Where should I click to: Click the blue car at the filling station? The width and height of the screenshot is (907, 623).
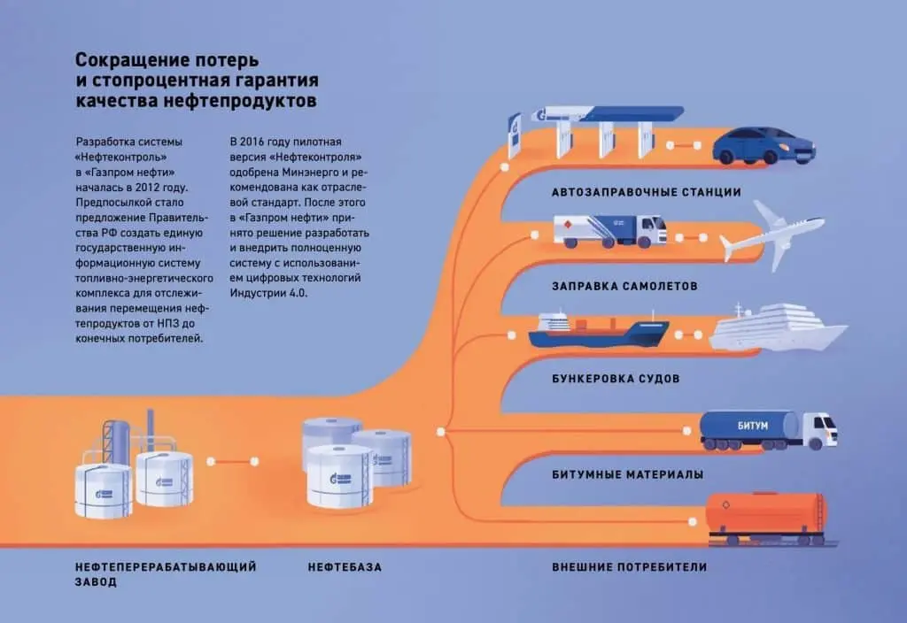pyautogui.click(x=764, y=146)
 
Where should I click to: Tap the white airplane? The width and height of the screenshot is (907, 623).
pyautogui.click(x=772, y=235)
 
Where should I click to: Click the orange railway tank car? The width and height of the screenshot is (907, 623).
pyautogui.click(x=766, y=517)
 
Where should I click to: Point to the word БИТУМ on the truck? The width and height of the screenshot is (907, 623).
pyautogui.click(x=753, y=426)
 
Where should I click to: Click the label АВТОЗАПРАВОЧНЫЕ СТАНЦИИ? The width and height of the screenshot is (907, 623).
pyautogui.click(x=646, y=192)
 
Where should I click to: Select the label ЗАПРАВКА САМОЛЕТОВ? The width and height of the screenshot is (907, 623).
pyautogui.click(x=624, y=286)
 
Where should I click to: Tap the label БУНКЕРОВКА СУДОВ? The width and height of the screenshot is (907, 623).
pyautogui.click(x=616, y=379)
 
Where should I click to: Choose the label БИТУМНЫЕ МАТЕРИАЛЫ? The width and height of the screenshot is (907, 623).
pyautogui.click(x=628, y=475)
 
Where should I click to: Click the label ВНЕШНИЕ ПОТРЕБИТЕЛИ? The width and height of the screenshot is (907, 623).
pyautogui.click(x=630, y=567)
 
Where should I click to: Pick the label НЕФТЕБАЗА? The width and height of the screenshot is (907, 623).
pyautogui.click(x=345, y=567)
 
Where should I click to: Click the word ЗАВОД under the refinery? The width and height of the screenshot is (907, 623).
pyautogui.click(x=96, y=582)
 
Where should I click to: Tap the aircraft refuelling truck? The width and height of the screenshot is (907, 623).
pyautogui.click(x=610, y=231)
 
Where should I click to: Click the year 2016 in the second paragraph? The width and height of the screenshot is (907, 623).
pyautogui.click(x=251, y=142)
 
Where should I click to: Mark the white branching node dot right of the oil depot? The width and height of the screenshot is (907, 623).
pyautogui.click(x=441, y=432)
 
